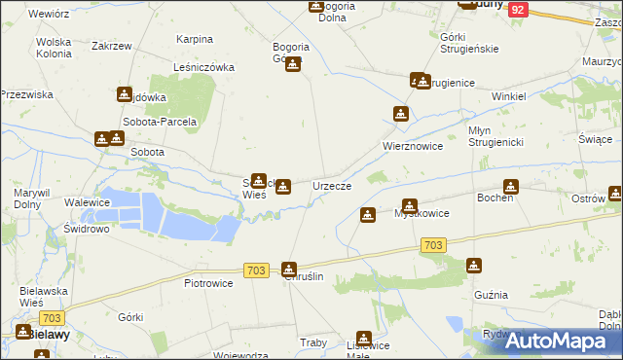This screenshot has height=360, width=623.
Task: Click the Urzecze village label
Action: tap(331, 185)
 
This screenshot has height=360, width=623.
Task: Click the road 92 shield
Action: tap(518, 9)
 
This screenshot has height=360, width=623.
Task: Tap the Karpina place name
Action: tap(195, 39)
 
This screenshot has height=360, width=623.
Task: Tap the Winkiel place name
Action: tap(509, 97)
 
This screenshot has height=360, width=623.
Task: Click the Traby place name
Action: tap(313, 342)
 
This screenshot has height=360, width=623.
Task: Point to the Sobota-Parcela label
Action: tap(160, 123)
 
